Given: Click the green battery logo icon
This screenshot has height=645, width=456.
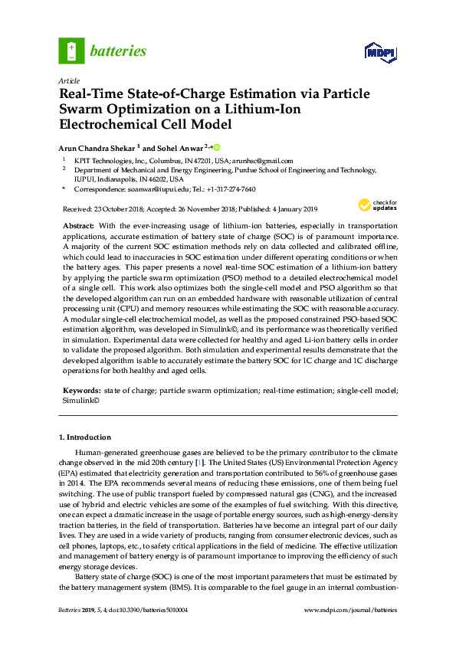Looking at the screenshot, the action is (71, 51).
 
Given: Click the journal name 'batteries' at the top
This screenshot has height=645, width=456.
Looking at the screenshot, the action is (118, 51).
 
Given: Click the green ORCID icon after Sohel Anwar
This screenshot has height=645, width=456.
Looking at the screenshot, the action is (217, 147).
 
